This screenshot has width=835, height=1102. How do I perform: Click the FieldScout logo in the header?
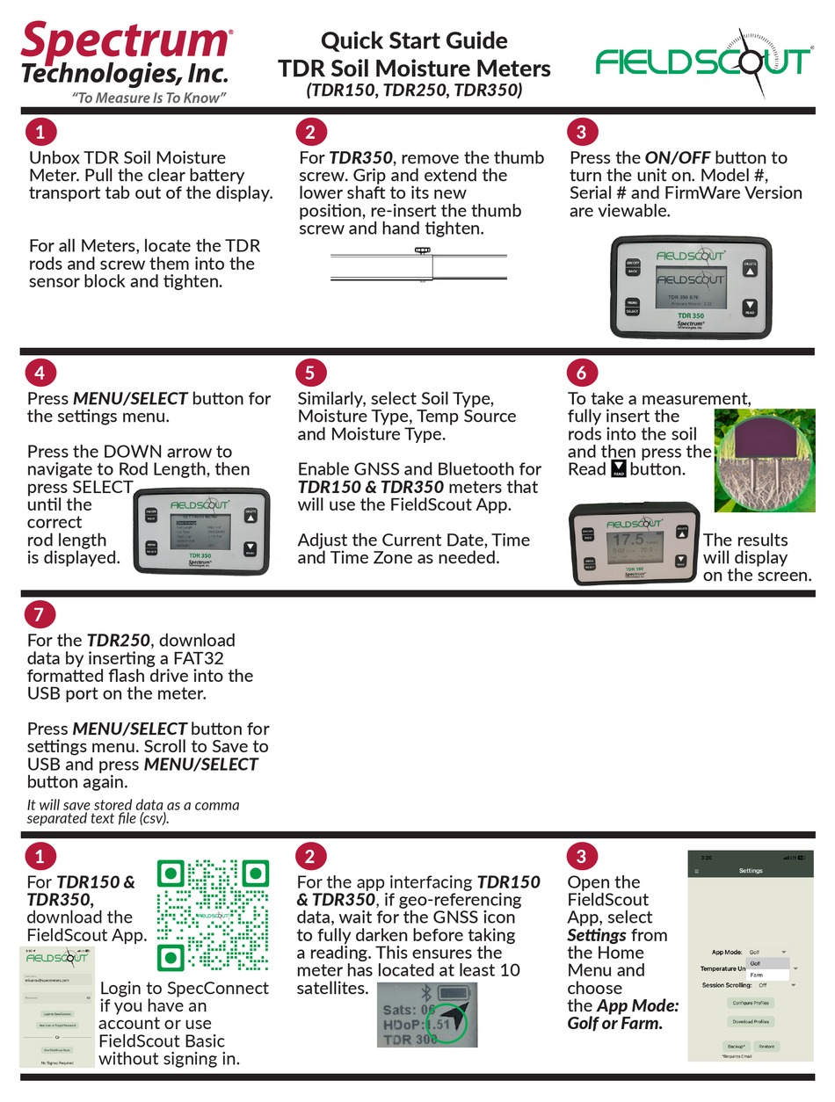[x=702, y=60]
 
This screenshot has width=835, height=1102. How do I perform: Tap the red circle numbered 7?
[x=40, y=613]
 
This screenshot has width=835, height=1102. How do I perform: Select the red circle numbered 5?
[x=309, y=372]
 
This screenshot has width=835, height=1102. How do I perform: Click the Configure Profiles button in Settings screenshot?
[x=751, y=1003]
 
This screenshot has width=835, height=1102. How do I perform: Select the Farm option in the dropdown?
[x=757, y=975]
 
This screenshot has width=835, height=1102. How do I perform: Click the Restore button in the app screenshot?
[x=766, y=1046]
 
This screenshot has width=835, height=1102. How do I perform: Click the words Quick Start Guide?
[x=414, y=40]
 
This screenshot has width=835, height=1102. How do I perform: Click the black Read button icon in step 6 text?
[x=618, y=468]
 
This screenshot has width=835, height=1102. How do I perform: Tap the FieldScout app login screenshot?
[x=57, y=1007]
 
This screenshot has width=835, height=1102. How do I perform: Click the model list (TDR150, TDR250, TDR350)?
[x=414, y=91]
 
